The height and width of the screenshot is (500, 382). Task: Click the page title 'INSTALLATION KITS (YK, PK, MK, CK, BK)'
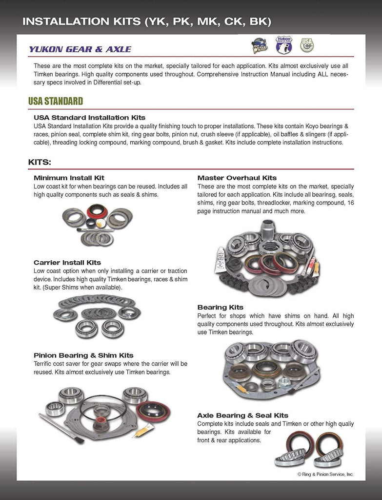(x=147, y=21)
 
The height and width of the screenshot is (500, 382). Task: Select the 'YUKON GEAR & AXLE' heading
(x=80, y=49)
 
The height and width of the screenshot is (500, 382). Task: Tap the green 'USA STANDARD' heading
(x=56, y=101)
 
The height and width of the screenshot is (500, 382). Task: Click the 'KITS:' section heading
(x=40, y=162)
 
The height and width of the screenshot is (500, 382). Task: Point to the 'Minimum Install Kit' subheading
(x=69, y=178)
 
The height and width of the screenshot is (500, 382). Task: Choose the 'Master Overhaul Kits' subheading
(x=237, y=178)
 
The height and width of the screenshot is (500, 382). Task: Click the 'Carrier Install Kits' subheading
(x=67, y=262)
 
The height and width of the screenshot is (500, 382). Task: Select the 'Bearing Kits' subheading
(x=220, y=307)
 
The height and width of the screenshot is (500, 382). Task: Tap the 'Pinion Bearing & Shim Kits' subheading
(x=83, y=355)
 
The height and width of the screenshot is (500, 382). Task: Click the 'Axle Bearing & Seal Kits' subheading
(x=242, y=415)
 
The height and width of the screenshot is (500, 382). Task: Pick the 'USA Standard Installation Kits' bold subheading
(x=89, y=118)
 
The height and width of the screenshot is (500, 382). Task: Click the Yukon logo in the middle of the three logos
(x=283, y=45)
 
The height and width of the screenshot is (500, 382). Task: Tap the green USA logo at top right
(x=307, y=45)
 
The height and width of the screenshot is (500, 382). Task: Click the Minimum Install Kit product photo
(x=98, y=225)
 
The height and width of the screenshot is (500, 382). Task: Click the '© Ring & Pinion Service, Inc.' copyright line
(x=325, y=474)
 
